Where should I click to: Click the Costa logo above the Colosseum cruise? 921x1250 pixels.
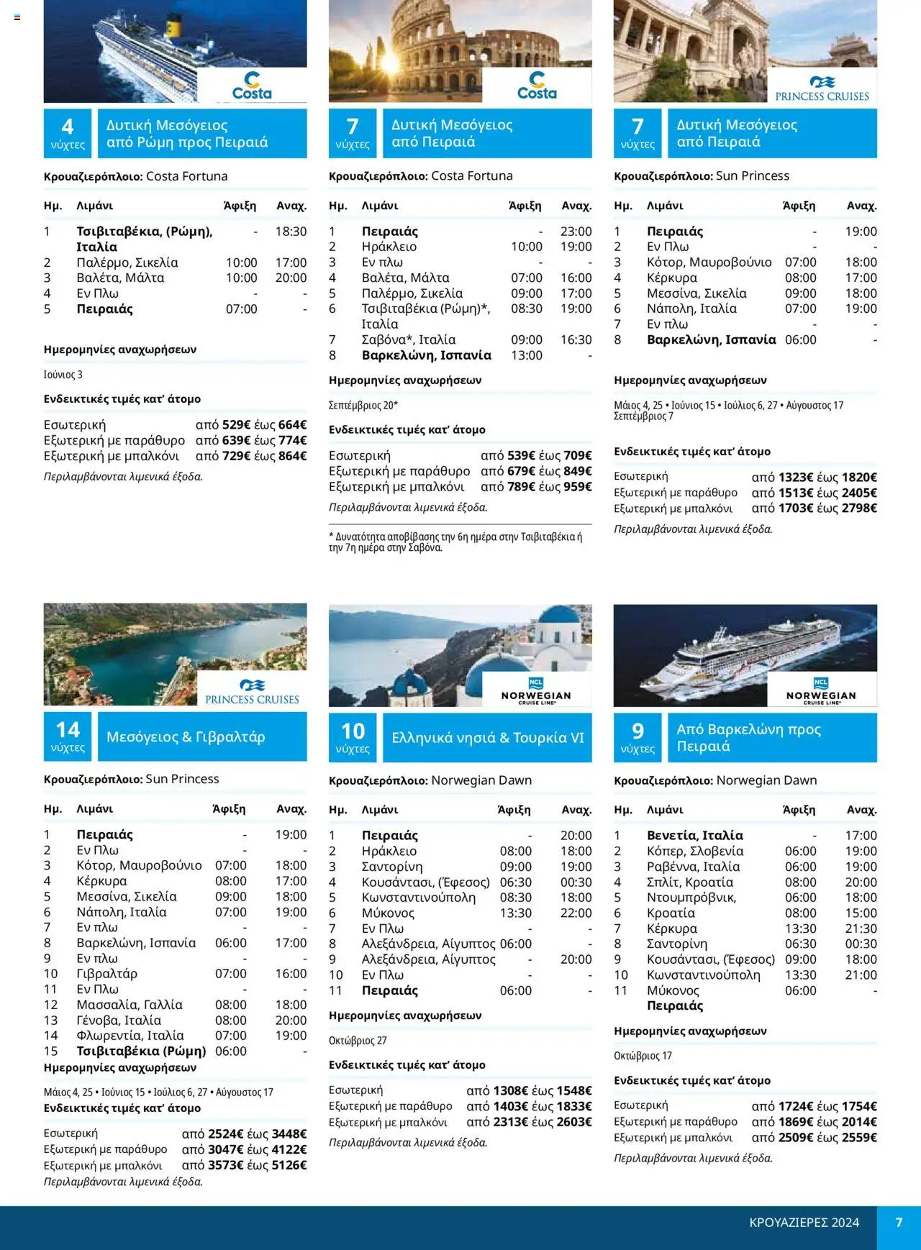(x=537, y=86)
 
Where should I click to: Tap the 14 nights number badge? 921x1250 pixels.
(x=68, y=736)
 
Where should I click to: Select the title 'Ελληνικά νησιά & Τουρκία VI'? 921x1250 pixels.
(x=487, y=737)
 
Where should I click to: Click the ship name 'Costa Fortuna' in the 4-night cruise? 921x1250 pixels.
(x=186, y=176)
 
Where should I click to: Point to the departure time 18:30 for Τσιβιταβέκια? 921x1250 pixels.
(x=291, y=232)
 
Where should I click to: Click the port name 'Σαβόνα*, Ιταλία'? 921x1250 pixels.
(x=408, y=339)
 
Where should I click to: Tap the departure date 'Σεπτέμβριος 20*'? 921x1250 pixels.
(x=363, y=405)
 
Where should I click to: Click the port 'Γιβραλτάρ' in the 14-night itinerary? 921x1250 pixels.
(x=106, y=974)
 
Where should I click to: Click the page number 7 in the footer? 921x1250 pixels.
(x=899, y=1223)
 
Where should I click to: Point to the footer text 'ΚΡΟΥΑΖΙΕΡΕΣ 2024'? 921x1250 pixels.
(x=804, y=1223)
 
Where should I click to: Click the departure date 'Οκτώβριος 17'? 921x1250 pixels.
(x=643, y=1056)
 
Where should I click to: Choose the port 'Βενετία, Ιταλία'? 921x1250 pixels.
(x=694, y=835)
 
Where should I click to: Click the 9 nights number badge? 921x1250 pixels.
(x=638, y=737)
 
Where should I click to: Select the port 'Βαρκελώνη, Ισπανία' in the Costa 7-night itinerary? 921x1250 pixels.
(x=426, y=355)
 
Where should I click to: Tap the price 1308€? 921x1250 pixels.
(x=511, y=1091)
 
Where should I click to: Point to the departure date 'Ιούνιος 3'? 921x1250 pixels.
(x=63, y=375)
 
